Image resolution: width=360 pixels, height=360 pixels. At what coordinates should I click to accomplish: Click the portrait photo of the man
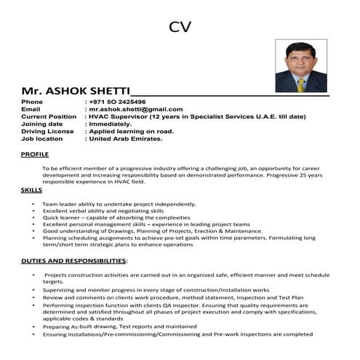pos(300,66)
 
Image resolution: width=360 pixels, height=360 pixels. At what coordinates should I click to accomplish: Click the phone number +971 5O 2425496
pos(117,102)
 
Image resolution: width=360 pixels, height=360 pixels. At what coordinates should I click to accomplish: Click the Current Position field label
pos(49,116)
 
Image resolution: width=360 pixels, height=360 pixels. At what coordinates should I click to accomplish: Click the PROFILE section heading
pos(35,155)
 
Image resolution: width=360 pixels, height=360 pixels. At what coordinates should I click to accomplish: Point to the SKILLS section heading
pos(31,190)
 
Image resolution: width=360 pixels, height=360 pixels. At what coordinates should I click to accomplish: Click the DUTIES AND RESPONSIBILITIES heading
pos(74,260)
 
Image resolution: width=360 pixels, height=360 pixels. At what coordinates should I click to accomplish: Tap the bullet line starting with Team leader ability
pos(119,204)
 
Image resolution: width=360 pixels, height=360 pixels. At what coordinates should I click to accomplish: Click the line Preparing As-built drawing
pos(119,327)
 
